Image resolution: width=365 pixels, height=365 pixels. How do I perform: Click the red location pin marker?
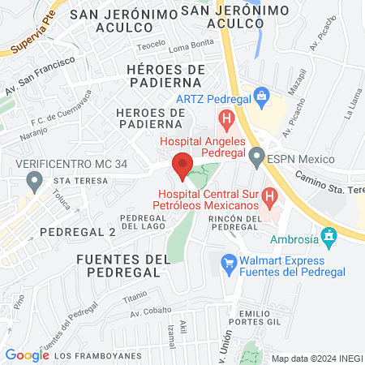183,165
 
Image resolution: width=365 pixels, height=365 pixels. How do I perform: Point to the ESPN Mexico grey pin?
258,157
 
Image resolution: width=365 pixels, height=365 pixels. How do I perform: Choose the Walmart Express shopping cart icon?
230,262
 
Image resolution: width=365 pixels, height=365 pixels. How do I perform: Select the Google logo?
27,354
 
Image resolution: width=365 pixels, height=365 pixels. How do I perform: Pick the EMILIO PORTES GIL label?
264,318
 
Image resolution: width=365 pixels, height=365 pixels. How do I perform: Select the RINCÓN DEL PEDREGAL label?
244,223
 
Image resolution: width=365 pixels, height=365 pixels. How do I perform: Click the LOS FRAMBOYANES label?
101,355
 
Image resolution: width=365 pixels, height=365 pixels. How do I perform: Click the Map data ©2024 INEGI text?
316,358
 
